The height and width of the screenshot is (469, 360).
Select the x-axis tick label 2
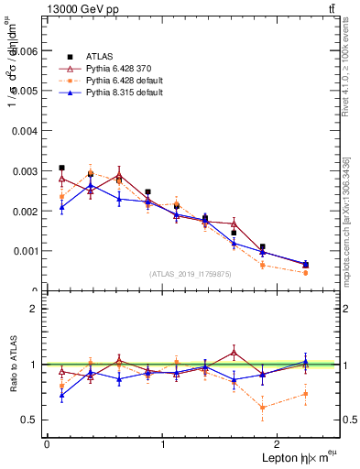[279, 444]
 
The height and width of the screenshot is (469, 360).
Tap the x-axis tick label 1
[163, 444]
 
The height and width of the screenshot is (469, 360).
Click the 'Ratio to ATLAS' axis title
[12, 365]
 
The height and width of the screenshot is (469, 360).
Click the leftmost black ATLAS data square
[61, 168]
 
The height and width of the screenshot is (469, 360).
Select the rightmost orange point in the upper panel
[305, 273]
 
